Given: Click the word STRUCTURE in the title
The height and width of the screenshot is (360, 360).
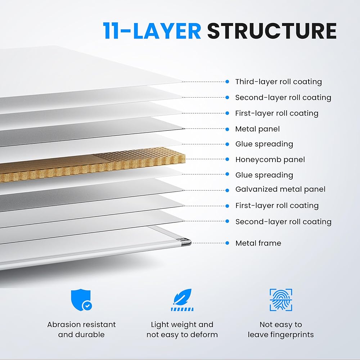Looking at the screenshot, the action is pyautogui.click(x=272, y=31).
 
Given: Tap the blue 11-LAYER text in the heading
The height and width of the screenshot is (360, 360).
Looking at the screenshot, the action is pyautogui.click(x=152, y=31).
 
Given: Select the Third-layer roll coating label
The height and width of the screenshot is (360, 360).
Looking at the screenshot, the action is pyautogui.click(x=278, y=82).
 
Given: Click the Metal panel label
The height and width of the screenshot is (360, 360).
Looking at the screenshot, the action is pyautogui.click(x=257, y=129).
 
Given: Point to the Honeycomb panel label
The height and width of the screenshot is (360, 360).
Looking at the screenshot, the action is pyautogui.click(x=270, y=159).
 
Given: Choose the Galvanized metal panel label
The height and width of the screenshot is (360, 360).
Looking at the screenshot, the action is pyautogui.click(x=280, y=189).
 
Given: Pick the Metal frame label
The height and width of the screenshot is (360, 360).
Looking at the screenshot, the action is pyautogui.click(x=258, y=243).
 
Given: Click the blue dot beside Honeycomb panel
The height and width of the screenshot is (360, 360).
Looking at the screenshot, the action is pyautogui.click(x=227, y=159).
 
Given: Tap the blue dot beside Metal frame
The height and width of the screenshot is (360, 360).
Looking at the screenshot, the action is pyautogui.click(x=227, y=243).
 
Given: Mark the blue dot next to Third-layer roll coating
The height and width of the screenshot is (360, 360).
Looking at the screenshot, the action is pyautogui.click(x=227, y=82).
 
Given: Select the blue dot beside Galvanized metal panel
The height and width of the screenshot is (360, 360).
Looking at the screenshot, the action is pyautogui.click(x=227, y=190).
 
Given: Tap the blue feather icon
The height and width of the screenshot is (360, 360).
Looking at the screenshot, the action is pyautogui.click(x=182, y=300).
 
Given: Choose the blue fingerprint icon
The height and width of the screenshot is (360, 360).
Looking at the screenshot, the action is pyautogui.click(x=281, y=300).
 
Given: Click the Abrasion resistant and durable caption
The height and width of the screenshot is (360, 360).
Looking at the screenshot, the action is pyautogui.click(x=82, y=329).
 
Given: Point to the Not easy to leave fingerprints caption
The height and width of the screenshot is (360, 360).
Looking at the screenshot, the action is pyautogui.click(x=281, y=329).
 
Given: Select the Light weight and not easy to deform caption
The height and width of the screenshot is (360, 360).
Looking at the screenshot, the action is pyautogui.click(x=182, y=329).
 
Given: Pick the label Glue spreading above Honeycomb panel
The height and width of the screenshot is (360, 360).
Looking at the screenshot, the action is pyautogui.click(x=264, y=144).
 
